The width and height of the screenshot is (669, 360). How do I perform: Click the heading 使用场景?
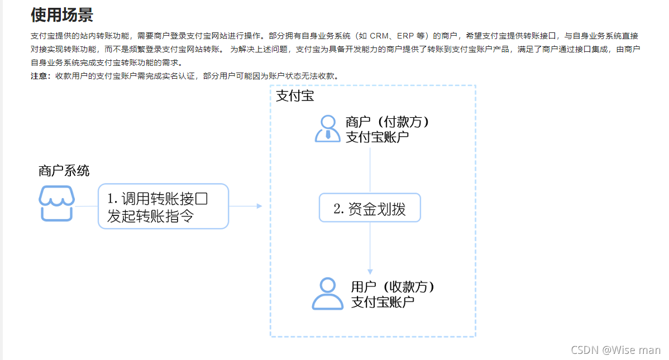pos(61,15)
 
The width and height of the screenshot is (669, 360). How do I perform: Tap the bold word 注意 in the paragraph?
pos(40,76)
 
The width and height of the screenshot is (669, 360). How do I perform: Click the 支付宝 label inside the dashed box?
pos(295,96)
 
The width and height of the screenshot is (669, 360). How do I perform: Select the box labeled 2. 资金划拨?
pos(370,209)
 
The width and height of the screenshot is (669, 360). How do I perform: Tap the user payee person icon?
pos(327,294)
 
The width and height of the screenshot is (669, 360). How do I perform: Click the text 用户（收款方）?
pos(393,287)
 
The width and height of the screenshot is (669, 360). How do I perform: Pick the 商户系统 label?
pos(64,171)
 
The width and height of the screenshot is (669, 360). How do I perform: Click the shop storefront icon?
pos(56,204)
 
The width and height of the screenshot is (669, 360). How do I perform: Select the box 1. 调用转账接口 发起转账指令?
pos(164,207)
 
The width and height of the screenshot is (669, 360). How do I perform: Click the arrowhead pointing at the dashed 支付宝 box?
pos(259,206)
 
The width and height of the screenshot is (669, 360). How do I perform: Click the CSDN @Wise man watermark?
pos(615,350)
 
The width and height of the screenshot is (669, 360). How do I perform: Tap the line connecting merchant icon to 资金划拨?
pos(370,170)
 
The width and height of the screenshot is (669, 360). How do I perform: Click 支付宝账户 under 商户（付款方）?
pos(377,137)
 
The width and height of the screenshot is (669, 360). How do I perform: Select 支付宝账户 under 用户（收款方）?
pos(383,302)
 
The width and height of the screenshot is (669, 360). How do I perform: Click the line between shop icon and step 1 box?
pos(87,206)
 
